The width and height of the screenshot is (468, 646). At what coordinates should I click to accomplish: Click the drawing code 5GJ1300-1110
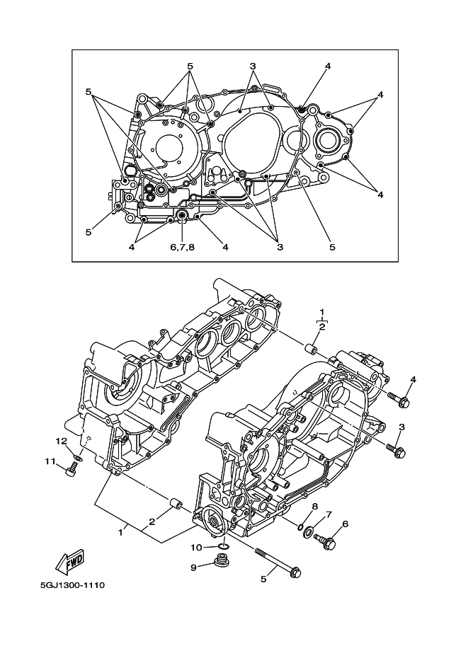[x=72, y=585]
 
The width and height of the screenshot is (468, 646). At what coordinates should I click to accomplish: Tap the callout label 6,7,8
[x=182, y=247]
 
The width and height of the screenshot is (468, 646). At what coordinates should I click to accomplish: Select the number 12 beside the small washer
[x=61, y=441]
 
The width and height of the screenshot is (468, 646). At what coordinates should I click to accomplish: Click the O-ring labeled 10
[x=223, y=546]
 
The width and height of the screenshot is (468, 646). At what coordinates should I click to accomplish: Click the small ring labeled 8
[x=301, y=526]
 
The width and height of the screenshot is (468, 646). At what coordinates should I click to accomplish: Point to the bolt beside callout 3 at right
[x=396, y=450]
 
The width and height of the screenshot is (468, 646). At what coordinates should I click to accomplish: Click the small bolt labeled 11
[x=72, y=469]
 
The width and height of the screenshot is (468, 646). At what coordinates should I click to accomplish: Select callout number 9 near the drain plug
[x=193, y=567]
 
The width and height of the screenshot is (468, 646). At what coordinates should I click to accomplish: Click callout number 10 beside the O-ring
[x=196, y=547]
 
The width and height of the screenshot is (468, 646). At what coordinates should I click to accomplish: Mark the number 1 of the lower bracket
[x=120, y=533]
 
